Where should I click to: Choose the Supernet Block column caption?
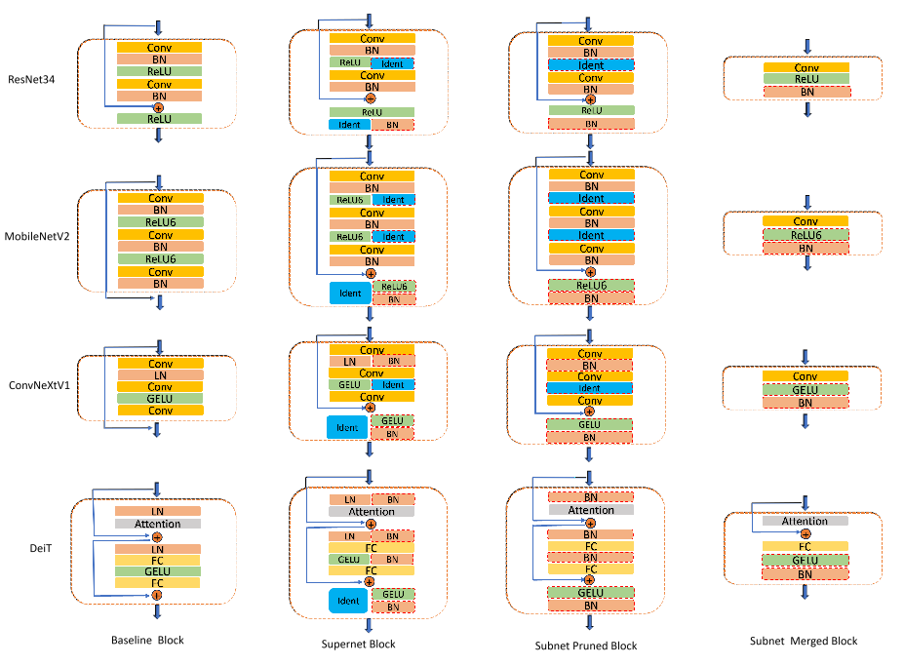click(x=359, y=644)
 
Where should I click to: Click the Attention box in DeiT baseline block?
click(x=158, y=524)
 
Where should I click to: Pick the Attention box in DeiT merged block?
click(x=806, y=521)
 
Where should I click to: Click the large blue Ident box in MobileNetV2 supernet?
click(x=348, y=293)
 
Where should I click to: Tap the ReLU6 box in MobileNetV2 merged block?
click(x=806, y=235)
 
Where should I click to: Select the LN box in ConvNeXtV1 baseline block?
click(x=161, y=375)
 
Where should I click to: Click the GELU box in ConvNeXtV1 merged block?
click(x=806, y=389)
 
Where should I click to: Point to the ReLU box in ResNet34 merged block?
click(x=806, y=79)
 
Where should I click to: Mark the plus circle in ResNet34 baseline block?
click(x=159, y=107)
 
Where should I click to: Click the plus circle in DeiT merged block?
click(x=806, y=533)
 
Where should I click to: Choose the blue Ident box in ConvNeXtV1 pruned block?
click(x=591, y=388)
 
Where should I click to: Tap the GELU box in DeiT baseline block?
click(x=158, y=571)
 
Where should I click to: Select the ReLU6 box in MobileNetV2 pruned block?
click(x=591, y=285)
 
